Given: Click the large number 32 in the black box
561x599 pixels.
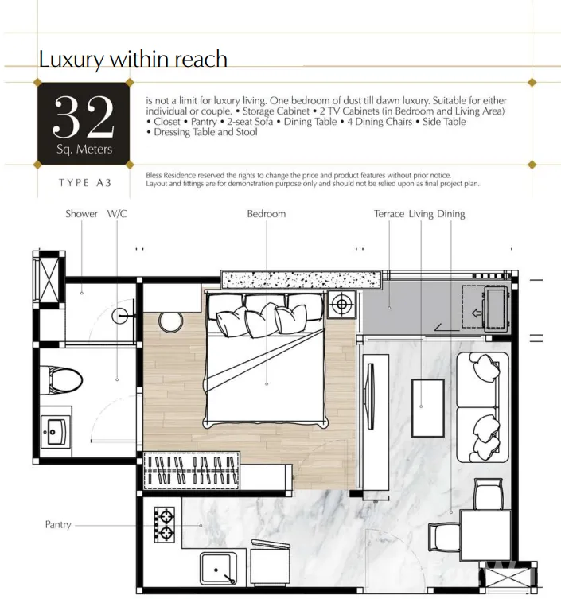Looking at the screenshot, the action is pos(84,116).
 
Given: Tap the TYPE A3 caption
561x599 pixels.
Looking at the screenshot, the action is pos(85,183).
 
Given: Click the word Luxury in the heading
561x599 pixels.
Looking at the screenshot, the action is pos(71,60).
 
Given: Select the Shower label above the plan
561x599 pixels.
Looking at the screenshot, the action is pos(81,213).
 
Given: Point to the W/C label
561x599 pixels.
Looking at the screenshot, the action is pos(117,213).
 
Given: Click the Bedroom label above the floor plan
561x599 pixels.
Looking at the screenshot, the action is pos(267,213).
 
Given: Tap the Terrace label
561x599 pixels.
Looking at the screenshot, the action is pos(389,213).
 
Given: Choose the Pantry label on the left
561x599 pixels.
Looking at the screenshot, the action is pos(58,525).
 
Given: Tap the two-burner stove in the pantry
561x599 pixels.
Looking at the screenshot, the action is pos(165,524).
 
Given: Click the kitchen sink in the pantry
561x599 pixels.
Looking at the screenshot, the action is pos(218,570).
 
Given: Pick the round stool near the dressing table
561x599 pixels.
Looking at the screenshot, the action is pos(171,322).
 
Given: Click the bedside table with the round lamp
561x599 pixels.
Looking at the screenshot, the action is pos(342,305).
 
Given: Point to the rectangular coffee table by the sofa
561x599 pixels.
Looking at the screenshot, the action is pos(428,408).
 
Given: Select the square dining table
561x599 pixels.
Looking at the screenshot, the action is pos(485,535).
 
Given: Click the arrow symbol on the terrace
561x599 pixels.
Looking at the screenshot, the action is pos(477,313).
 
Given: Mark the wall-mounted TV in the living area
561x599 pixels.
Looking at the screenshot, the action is pos(370,396).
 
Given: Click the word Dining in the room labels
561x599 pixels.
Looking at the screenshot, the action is pos(451,213).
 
